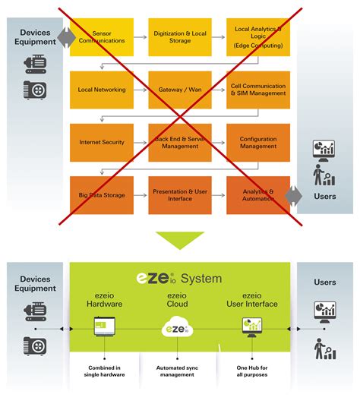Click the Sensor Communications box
tap(102, 37)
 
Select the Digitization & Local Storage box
tap(180, 37)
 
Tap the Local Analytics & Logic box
tap(258, 37)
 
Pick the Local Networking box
tap(102, 90)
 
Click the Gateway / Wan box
tap(180, 90)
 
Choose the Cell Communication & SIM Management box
tap(258, 90)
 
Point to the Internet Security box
tap(102, 142)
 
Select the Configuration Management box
tap(258, 142)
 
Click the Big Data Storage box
tap(102, 194)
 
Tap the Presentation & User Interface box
tap(180, 194)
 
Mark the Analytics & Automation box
tap(258, 194)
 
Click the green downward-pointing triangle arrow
tap(180, 238)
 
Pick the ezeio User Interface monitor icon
tap(251, 328)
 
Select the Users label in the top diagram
tap(324, 196)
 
